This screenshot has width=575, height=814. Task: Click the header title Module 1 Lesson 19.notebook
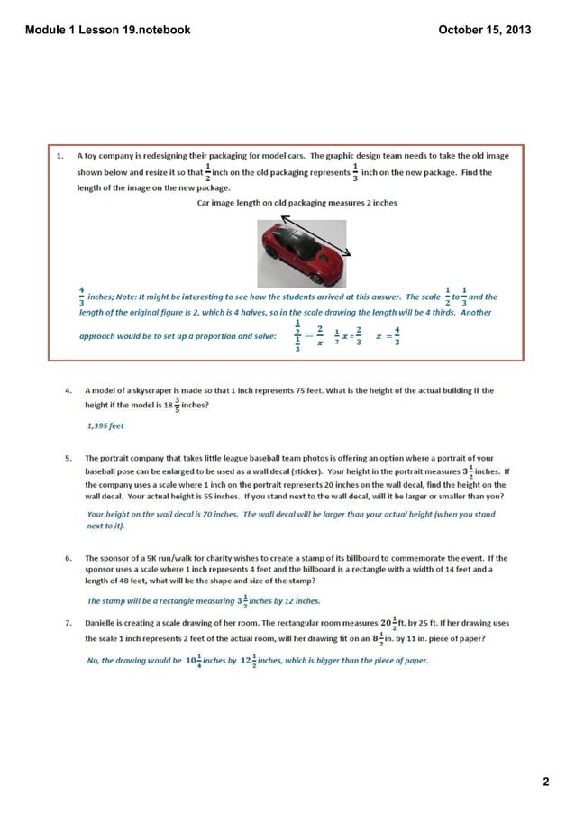point(107,30)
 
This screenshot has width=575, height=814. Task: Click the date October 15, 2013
point(484,30)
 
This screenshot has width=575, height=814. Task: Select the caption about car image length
point(297,204)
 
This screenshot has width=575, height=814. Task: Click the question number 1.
point(60,155)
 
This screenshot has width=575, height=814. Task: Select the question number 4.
point(68,391)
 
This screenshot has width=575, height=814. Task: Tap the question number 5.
point(68,458)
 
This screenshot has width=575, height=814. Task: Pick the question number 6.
point(68,558)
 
